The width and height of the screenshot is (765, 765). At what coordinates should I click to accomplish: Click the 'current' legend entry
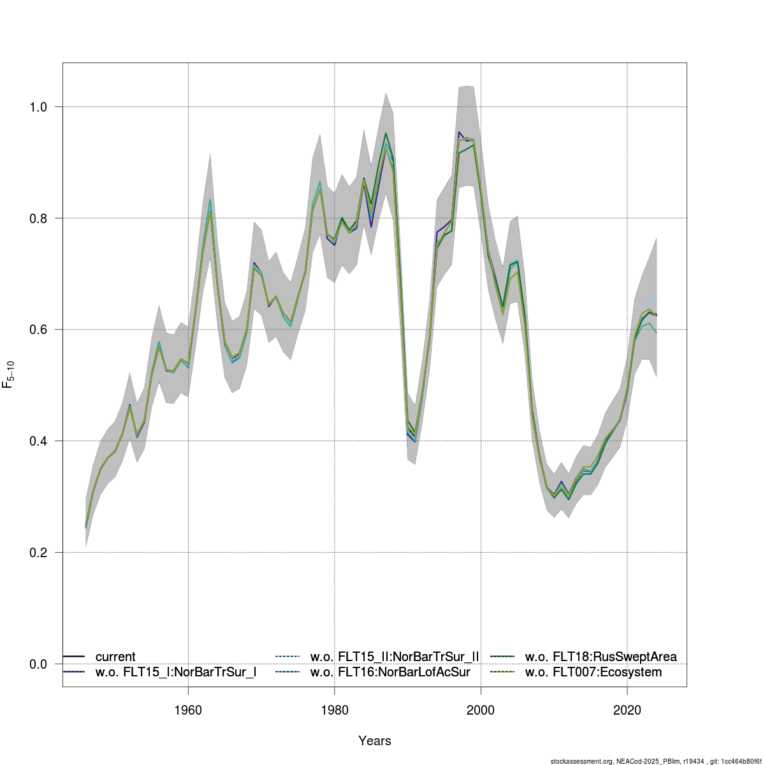click(115, 657)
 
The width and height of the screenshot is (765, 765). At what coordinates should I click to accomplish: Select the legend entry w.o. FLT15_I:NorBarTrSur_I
click(176, 672)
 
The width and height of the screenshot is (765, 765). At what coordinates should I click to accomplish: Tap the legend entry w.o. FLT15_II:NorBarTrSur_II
click(394, 657)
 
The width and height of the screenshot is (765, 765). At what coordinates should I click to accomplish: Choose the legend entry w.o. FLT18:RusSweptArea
click(601, 657)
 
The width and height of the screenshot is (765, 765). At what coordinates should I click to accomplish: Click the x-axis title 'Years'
click(375, 741)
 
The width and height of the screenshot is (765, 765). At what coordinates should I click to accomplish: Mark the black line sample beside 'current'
click(74, 657)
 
